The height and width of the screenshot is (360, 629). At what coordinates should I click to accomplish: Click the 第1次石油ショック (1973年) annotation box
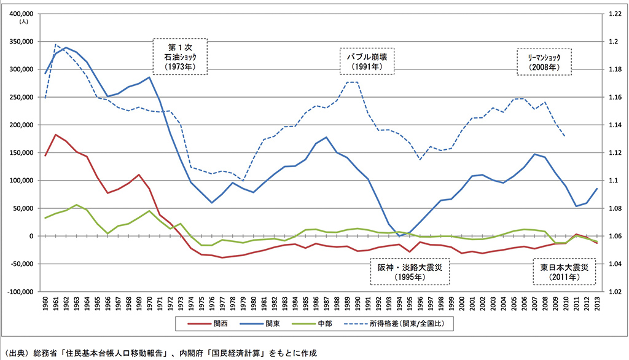tap(179, 57)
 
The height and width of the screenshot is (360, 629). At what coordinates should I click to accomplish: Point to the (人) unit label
tap(23, 22)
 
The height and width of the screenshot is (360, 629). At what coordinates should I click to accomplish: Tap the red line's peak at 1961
tap(56, 135)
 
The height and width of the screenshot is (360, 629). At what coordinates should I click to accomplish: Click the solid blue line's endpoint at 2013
tap(596, 189)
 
